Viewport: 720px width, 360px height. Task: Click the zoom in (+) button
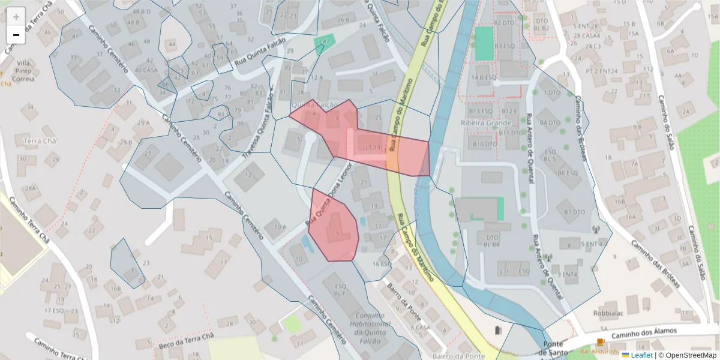coord(16,17)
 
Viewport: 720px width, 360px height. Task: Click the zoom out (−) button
coord(16,35)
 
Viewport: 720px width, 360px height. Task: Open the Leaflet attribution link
coord(641,355)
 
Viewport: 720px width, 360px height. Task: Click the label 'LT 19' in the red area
coord(371,147)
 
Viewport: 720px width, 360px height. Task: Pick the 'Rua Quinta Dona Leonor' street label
coord(328,195)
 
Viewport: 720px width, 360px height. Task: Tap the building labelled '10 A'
coord(280,227)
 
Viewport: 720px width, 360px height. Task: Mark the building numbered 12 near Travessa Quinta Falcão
coord(248,175)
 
